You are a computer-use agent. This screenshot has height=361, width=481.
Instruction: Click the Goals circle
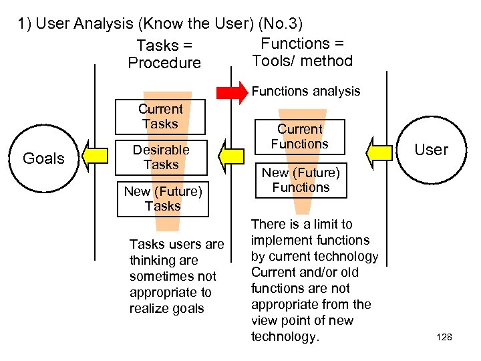pos(43,158)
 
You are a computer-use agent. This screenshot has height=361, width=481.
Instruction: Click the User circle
pos(431,149)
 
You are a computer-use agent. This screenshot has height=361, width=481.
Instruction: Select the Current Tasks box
pos(160,116)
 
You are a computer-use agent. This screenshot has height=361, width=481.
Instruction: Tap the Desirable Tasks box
pos(160,157)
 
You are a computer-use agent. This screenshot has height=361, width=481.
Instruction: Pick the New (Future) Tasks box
pos(162,199)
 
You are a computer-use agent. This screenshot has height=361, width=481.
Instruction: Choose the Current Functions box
pos(300,136)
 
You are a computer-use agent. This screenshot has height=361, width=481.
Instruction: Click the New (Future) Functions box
pos(301,180)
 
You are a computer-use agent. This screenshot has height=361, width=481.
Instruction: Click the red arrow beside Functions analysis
pos(232,91)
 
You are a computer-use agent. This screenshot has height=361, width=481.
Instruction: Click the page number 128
pos(444,338)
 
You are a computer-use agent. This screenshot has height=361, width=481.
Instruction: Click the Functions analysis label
pos(305,91)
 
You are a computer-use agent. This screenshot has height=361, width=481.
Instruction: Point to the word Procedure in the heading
pos(164,63)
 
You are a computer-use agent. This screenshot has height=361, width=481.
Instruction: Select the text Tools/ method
pos(302,61)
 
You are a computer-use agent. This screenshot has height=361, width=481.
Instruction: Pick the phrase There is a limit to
pos(301,224)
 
